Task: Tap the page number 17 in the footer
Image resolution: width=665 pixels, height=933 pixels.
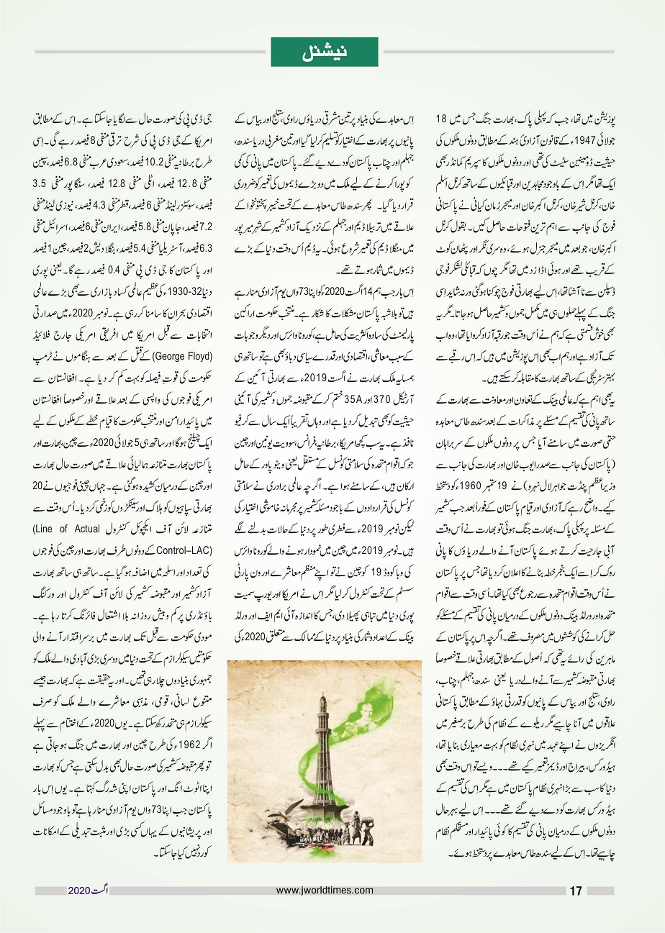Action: (575, 891)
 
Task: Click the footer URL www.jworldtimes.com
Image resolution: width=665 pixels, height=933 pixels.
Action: (325, 890)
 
